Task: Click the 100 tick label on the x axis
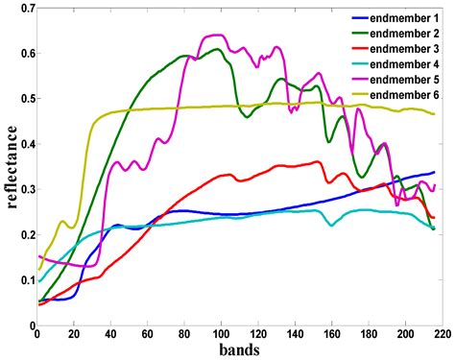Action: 221,333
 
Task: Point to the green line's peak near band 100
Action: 217,49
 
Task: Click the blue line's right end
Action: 434,173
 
